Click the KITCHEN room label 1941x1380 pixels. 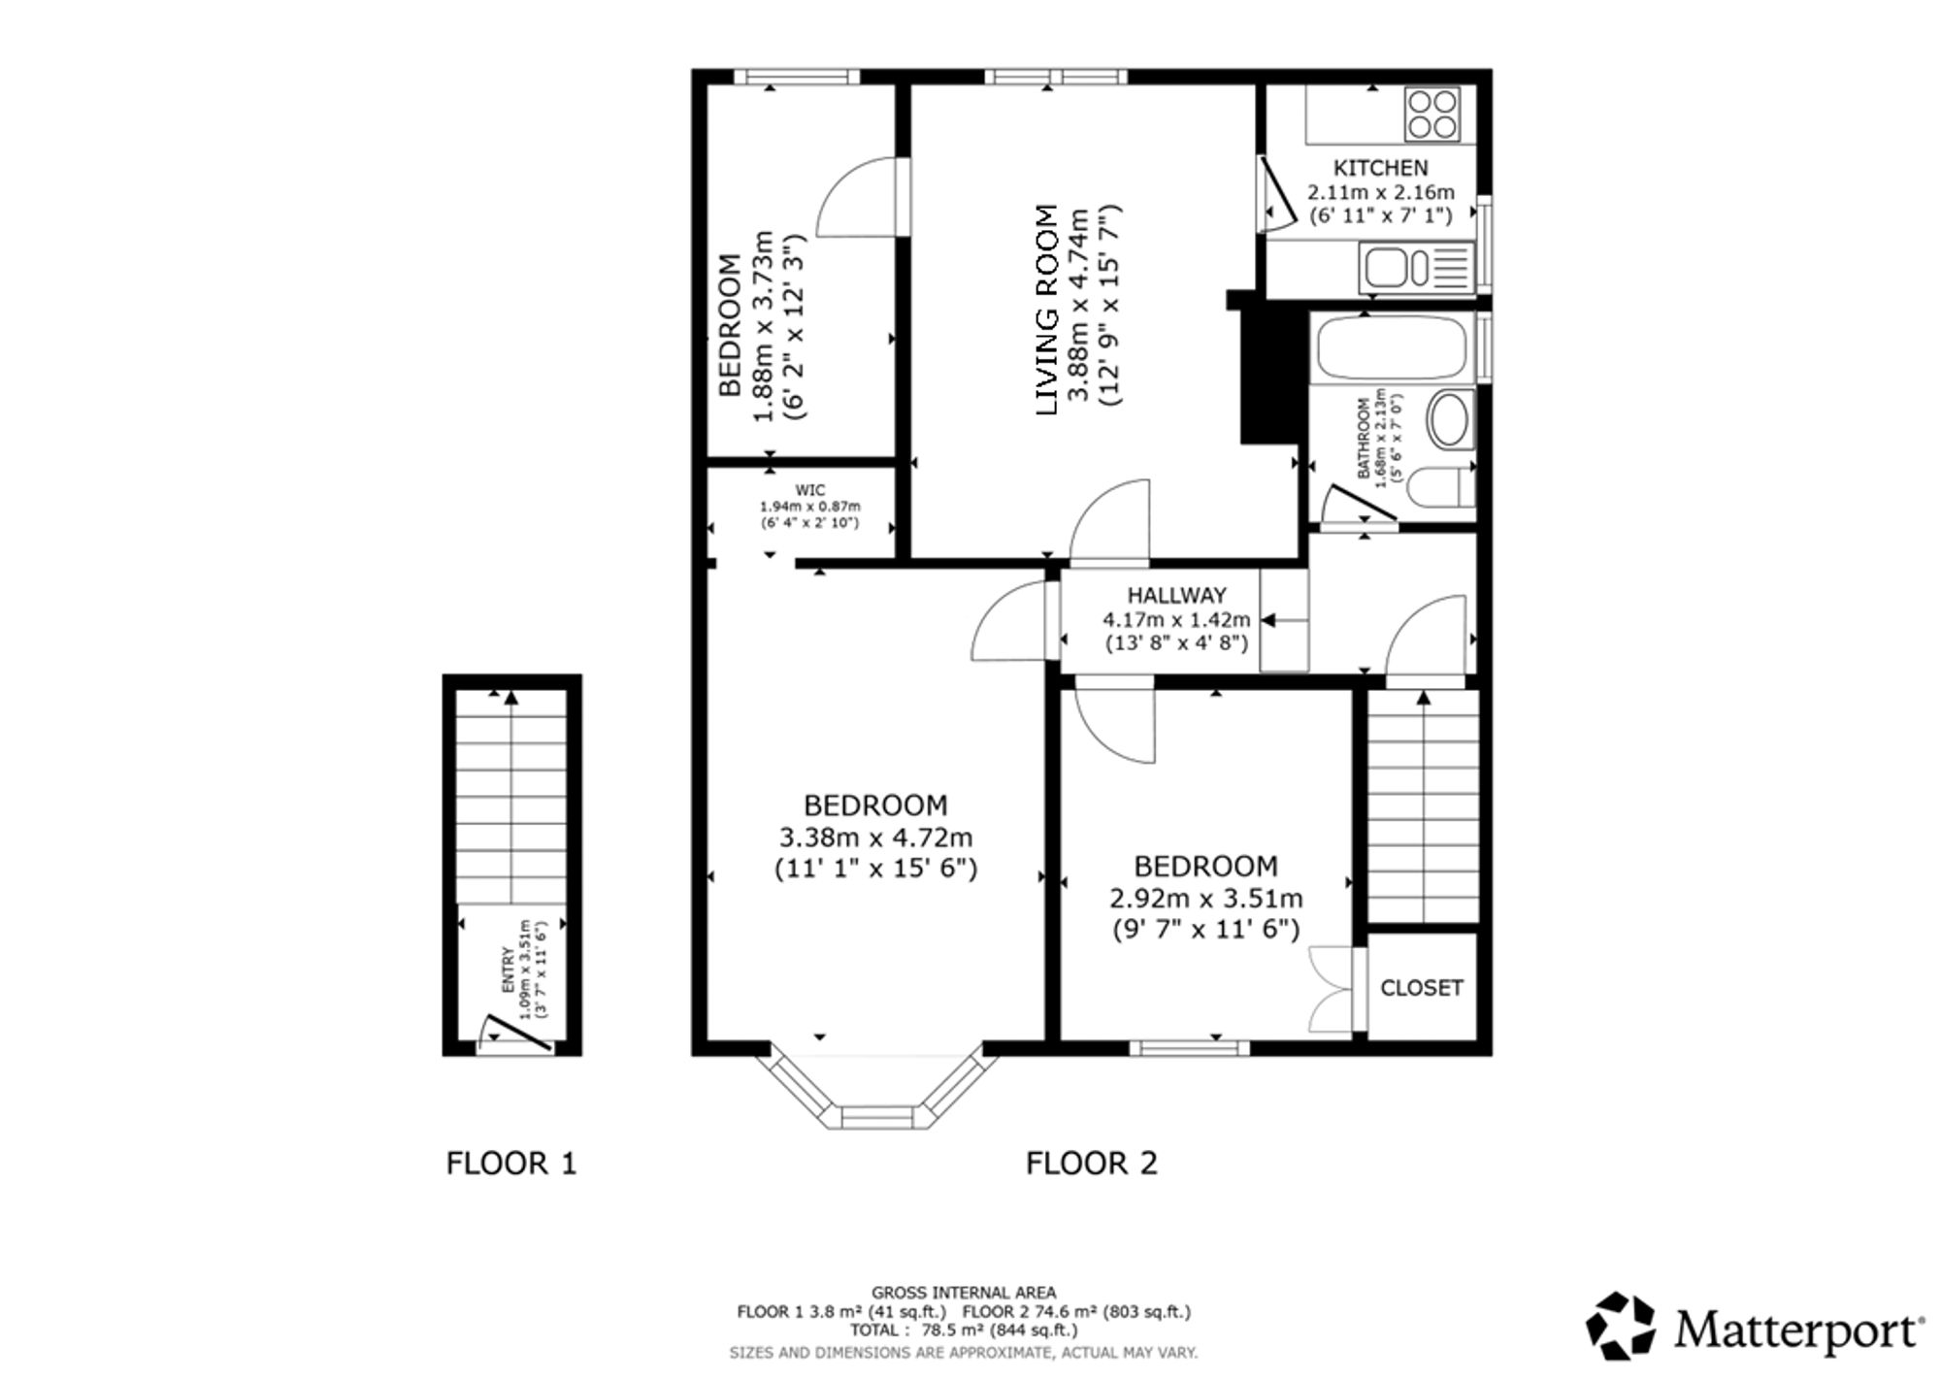pyautogui.click(x=1380, y=168)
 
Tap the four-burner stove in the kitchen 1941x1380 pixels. pyautogui.click(x=1432, y=115)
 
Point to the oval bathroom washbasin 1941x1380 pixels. pyautogui.click(x=1451, y=419)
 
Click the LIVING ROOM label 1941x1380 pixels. pyautogui.click(x=1046, y=311)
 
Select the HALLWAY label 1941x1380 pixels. pyautogui.click(x=1176, y=595)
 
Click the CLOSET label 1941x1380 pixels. pyautogui.click(x=1421, y=988)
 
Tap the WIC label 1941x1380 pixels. pyautogui.click(x=809, y=490)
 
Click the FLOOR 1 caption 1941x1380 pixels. pyautogui.click(x=511, y=1163)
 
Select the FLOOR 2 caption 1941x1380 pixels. pyautogui.click(x=1092, y=1163)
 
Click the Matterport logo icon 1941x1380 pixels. pyautogui.click(x=1621, y=1325)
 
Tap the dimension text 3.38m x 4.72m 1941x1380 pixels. pyautogui.click(x=875, y=837)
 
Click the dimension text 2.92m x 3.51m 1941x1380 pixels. pyautogui.click(x=1206, y=899)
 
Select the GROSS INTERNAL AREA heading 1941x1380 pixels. pyautogui.click(x=963, y=1293)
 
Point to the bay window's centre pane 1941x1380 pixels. pyautogui.click(x=877, y=1117)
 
